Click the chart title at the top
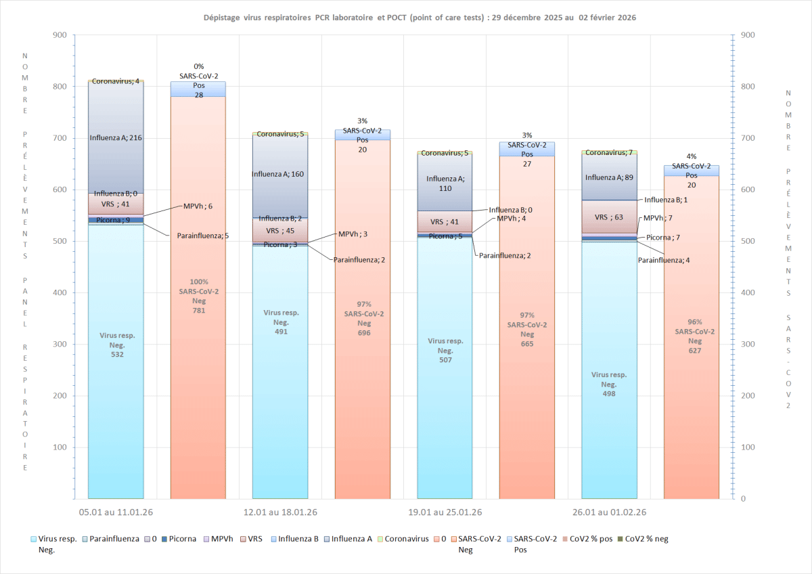pos(420,18)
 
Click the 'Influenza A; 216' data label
pos(116,138)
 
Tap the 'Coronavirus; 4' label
pos(116,82)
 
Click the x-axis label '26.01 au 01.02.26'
pos(609,512)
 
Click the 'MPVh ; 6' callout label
pos(198,206)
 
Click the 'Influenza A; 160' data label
pos(279,175)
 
